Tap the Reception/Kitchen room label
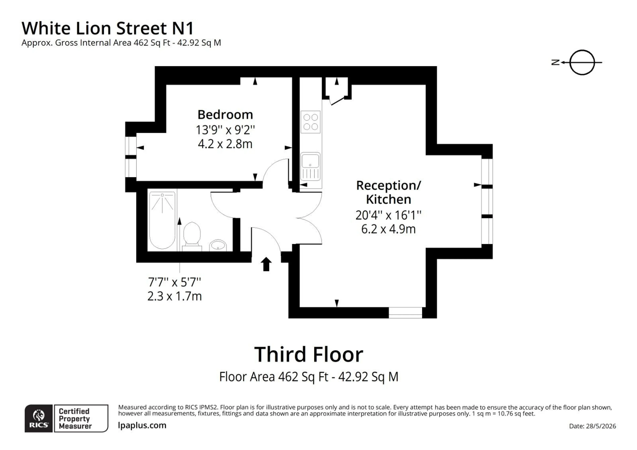coord(388,192)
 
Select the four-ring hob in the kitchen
coord(310,122)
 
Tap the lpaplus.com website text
coord(142,425)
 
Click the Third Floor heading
coord(309,355)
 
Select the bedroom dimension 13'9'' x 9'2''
coord(225,130)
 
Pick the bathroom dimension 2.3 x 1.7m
coord(175,296)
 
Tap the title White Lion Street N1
coord(108,28)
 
